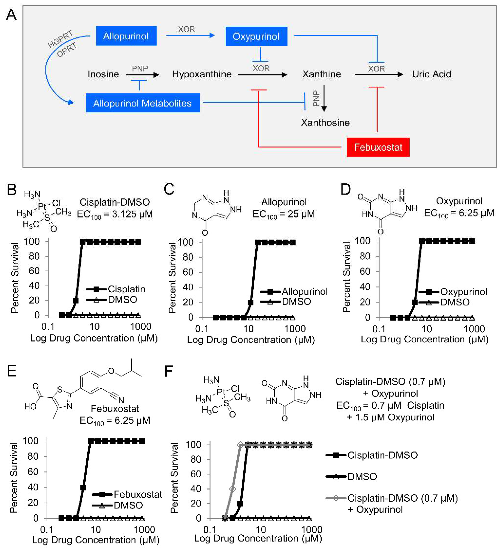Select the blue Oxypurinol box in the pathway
click(256, 36)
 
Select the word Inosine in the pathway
click(103, 74)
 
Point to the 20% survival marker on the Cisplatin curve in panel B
click(76, 300)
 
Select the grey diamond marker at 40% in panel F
click(232, 488)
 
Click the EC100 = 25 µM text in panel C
click(284, 214)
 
